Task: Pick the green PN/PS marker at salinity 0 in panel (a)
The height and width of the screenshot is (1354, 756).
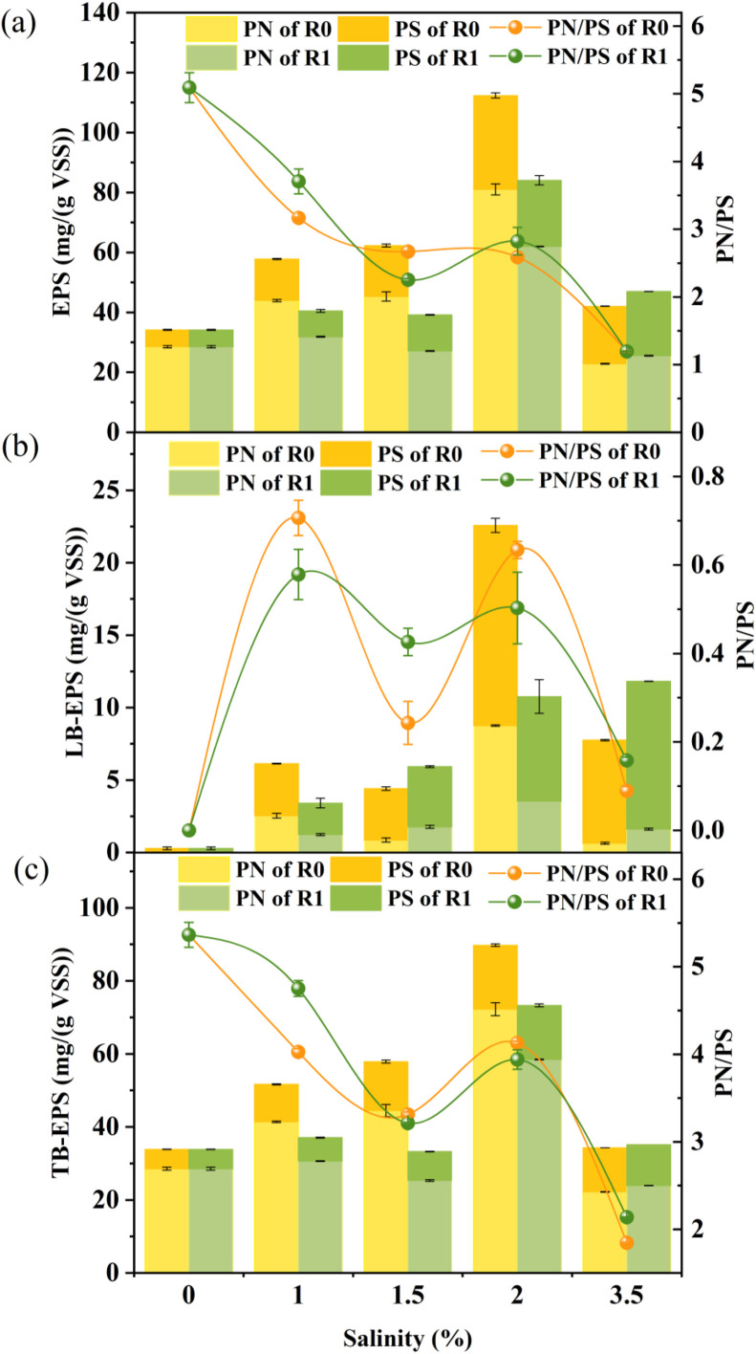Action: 189,88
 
